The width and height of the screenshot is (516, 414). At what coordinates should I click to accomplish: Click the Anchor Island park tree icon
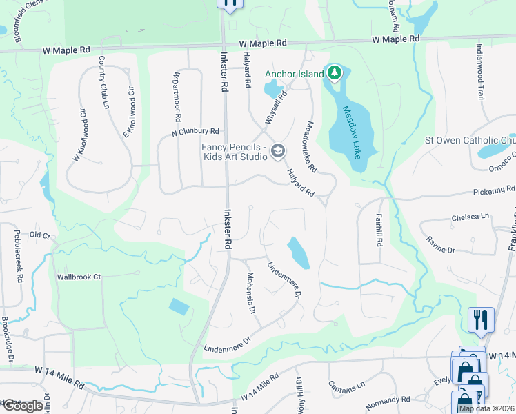335,72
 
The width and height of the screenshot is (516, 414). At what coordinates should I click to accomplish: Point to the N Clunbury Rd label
195,131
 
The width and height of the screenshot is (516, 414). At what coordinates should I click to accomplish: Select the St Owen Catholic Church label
470,141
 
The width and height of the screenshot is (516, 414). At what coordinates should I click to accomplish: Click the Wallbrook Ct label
79,277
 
